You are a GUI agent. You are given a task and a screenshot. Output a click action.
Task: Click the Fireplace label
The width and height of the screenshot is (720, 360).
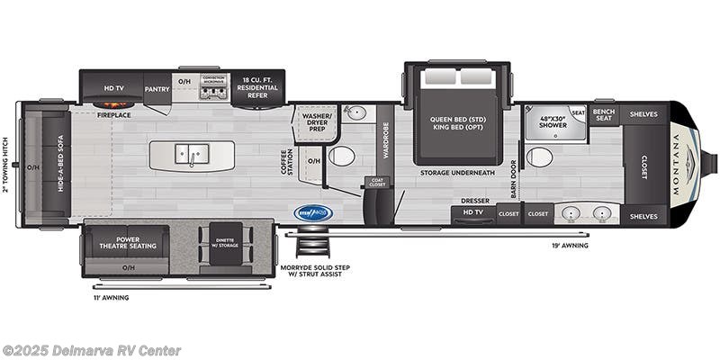(114, 115)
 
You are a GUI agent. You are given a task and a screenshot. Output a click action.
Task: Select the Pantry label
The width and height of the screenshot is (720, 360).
(157, 87)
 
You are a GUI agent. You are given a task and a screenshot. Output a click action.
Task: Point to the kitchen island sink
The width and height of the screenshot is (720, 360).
(191, 154)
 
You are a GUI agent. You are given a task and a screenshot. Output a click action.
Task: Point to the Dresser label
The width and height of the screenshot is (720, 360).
(474, 201)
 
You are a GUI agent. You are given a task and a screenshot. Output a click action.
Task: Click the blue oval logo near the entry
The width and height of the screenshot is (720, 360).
(313, 213)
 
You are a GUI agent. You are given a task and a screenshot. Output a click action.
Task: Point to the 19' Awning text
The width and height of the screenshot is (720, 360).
(570, 245)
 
